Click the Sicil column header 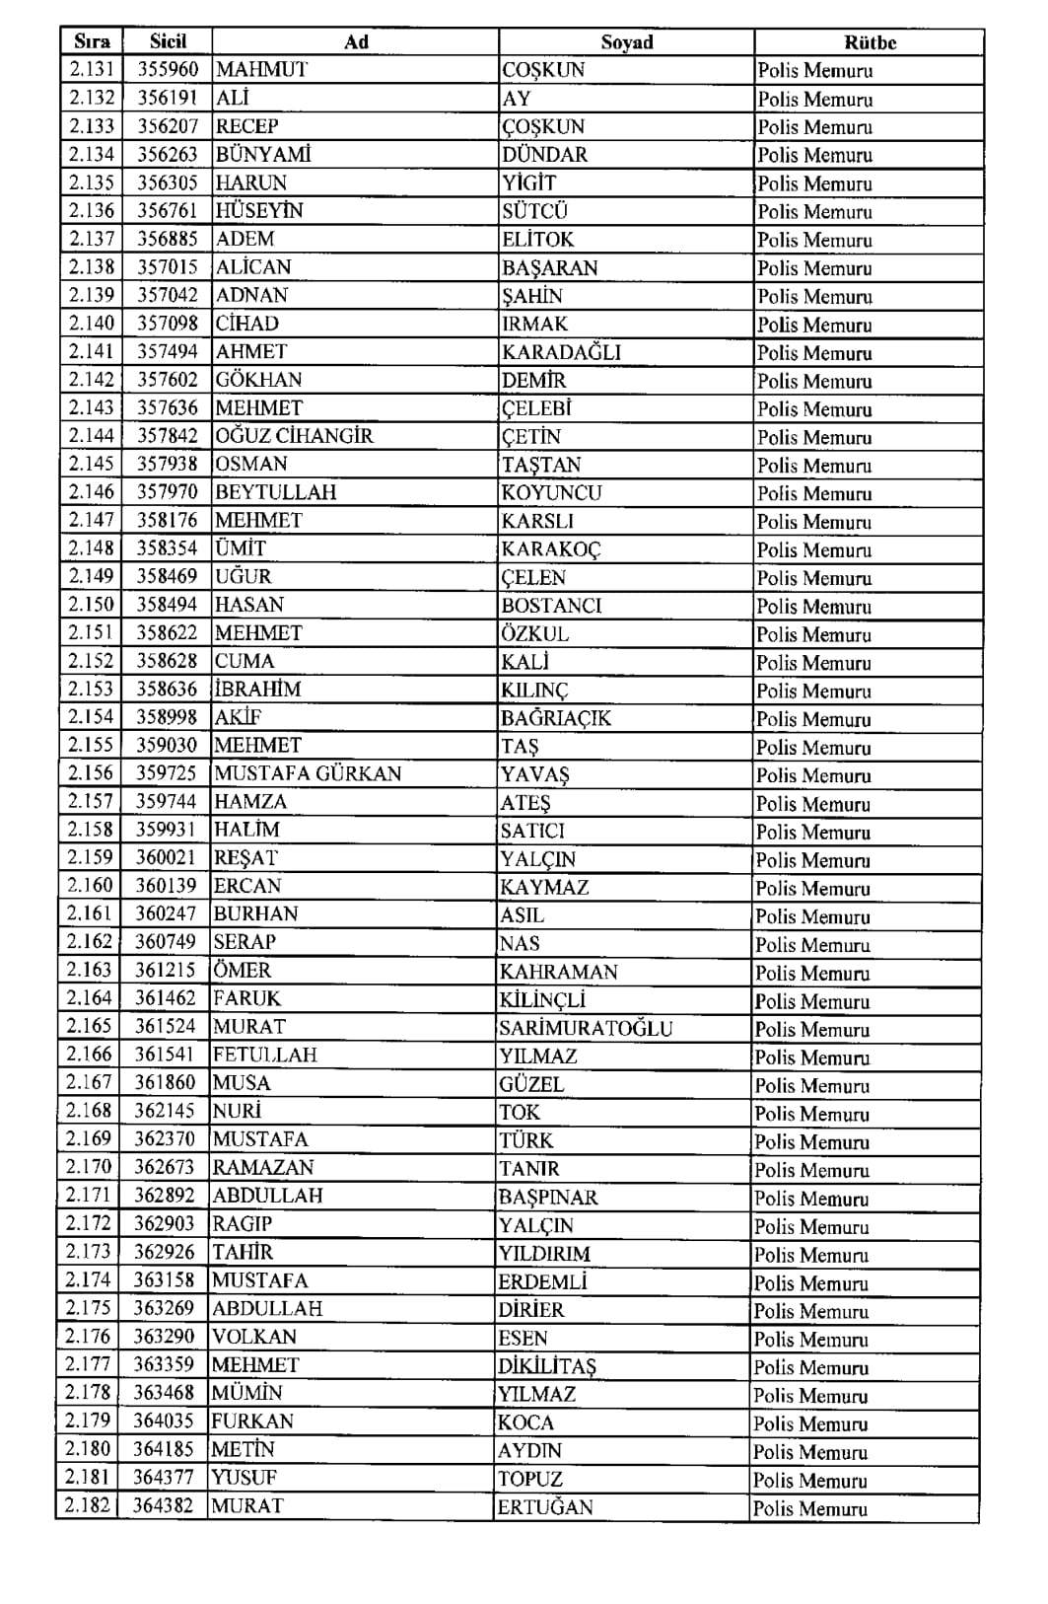tap(167, 41)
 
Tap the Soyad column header tap(626, 42)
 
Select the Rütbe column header tap(870, 42)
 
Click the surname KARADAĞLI tap(561, 352)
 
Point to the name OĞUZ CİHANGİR tap(294, 436)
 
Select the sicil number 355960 tap(167, 70)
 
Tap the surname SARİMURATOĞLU tap(586, 1028)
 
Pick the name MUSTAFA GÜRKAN tap(308, 773)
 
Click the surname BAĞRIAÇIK tap(556, 718)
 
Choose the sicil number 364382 tap(164, 1506)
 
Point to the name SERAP tap(245, 942)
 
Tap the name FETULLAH tap(265, 1055)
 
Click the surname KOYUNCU tap(551, 492)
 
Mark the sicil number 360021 tap(166, 858)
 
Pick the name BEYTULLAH tap(275, 492)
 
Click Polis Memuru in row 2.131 tap(815, 71)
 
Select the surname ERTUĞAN tap(545, 1507)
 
